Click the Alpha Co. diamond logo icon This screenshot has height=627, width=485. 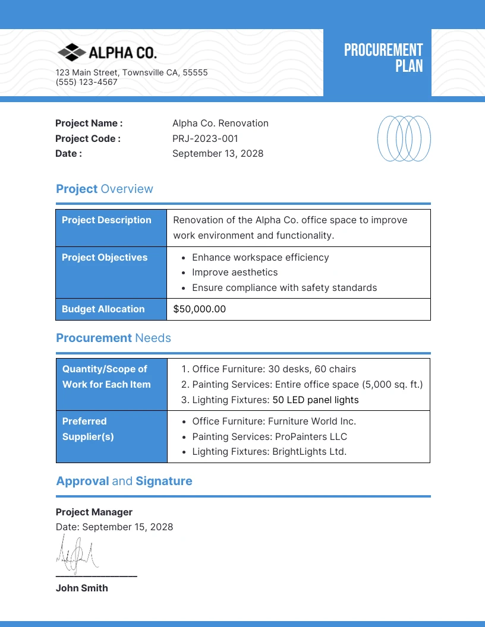[71, 52]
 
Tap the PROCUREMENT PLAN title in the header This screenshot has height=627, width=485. [383, 58]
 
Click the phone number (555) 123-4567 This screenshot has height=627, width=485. [86, 83]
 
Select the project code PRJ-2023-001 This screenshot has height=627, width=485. [205, 138]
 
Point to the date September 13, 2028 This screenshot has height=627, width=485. [218, 154]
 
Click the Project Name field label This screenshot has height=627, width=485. [89, 123]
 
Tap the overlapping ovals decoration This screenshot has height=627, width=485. [404, 138]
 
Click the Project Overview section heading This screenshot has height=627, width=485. [105, 189]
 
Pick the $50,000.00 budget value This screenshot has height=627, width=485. [200, 309]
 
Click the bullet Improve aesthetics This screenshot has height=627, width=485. [235, 273]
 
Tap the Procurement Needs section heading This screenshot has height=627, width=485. [114, 338]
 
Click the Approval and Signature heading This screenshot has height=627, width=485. [124, 481]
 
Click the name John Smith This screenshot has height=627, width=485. [82, 588]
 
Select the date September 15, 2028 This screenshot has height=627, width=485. [127, 527]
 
